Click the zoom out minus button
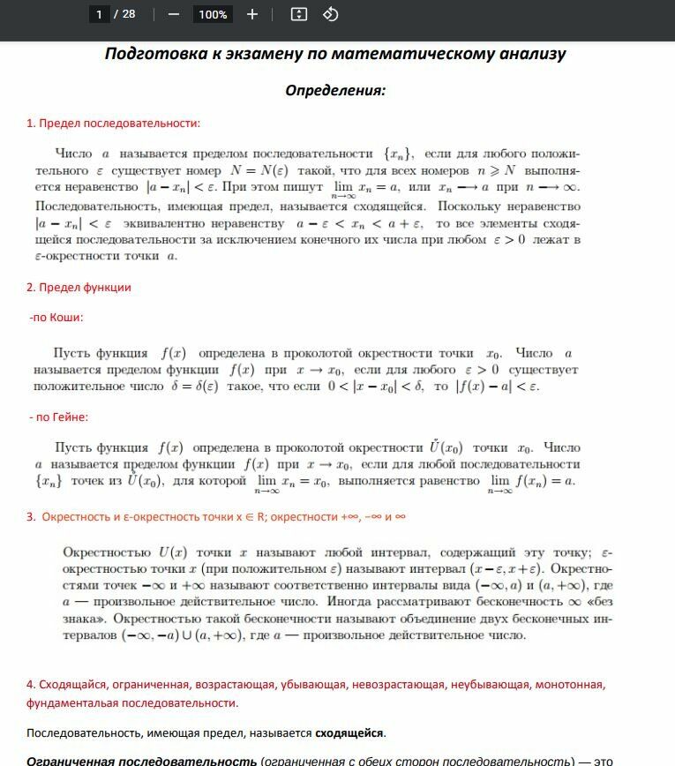tap(173, 14)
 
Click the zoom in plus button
tap(252, 14)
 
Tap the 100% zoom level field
tap(213, 14)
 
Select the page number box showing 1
tap(100, 14)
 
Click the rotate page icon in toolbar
tap(330, 14)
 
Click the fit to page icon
tap(299, 14)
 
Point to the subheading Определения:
tap(335, 90)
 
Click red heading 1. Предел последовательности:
tap(113, 124)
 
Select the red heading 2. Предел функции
tap(79, 287)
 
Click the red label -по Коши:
tap(56, 317)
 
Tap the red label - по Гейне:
tap(58, 417)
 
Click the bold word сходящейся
tap(349, 733)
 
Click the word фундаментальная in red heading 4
tap(74, 703)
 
